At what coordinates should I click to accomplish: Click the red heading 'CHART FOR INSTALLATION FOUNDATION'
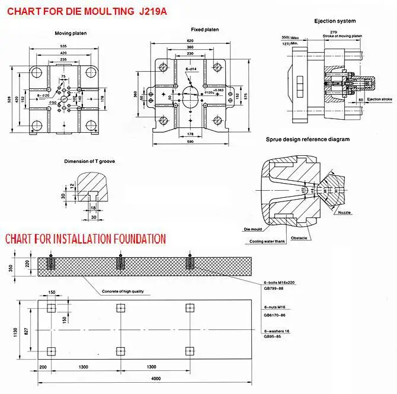pos(85,239)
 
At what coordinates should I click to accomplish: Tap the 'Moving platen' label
pos(71,33)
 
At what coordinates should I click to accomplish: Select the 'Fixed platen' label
pos(205,29)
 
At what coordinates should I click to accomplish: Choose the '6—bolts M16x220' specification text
pos(278,282)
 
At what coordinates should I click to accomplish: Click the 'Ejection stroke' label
pos(379,99)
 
